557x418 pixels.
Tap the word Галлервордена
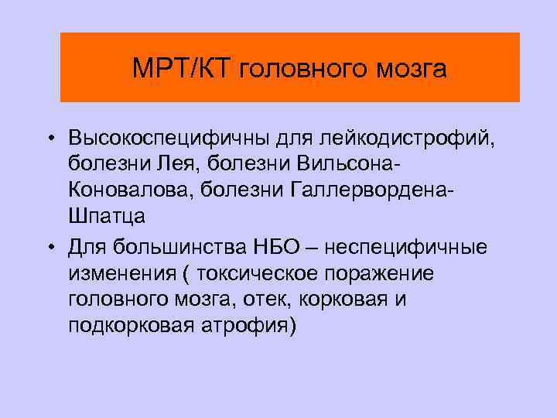coord(372,191)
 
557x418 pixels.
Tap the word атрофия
coord(253,326)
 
